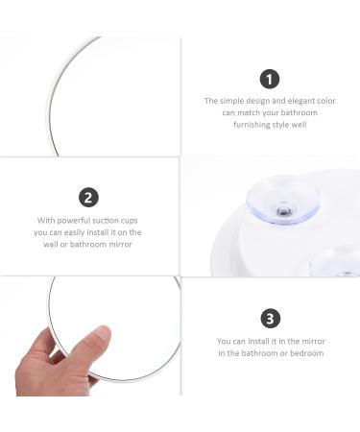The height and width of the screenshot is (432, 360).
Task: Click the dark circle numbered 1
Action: click(x=270, y=79)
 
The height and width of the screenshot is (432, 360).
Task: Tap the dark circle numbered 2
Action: click(x=88, y=198)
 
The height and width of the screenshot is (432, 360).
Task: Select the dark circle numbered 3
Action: click(x=271, y=318)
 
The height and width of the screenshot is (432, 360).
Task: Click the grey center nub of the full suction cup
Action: click(x=283, y=211)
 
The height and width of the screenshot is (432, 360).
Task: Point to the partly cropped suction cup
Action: click(x=336, y=261)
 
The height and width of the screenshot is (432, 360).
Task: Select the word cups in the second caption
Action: click(x=130, y=221)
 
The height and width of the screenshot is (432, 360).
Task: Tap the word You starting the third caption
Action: click(x=224, y=341)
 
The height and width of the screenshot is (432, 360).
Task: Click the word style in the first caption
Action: click(x=280, y=125)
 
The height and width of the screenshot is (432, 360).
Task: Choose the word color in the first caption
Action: click(x=326, y=101)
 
